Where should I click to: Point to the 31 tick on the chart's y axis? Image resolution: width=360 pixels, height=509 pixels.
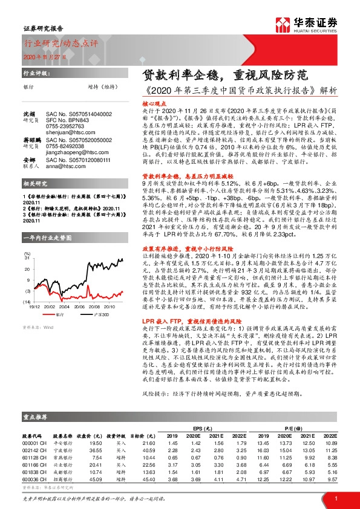tap(27, 258)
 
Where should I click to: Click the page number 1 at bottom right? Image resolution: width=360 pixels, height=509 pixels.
tap(335, 498)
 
